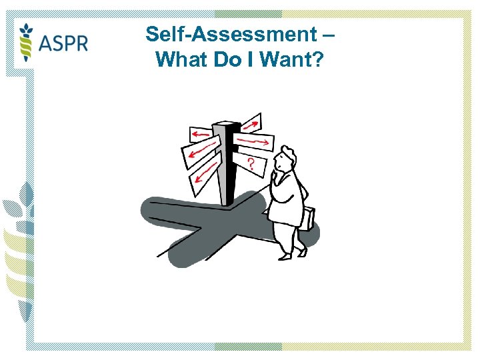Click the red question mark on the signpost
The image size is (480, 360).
coord(251,163)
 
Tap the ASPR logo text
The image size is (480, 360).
coord(63,43)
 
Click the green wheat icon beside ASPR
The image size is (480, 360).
coord(26,41)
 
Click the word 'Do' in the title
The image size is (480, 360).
coord(225,60)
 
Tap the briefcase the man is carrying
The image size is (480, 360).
coord(308,218)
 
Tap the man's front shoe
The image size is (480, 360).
coord(285,255)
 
